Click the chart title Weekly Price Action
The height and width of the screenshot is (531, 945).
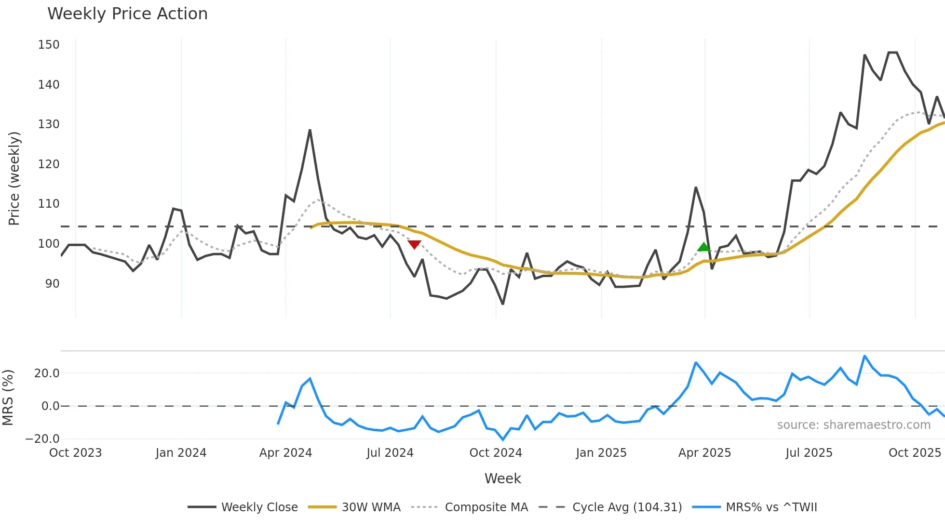[127, 14]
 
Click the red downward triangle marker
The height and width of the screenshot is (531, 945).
[414, 244]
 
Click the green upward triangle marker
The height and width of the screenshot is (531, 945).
[704, 247]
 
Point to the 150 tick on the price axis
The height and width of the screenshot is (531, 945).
[49, 45]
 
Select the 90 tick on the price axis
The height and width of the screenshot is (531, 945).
[52, 284]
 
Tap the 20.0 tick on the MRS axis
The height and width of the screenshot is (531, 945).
[47, 373]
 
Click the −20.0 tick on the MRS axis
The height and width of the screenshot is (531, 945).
[42, 439]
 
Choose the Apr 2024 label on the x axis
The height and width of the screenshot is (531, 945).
[285, 453]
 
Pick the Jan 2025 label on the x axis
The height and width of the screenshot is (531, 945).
[601, 453]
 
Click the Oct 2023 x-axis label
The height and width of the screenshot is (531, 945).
[75, 453]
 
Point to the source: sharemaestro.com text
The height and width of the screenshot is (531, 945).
[853, 425]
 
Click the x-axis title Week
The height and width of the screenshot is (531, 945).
[502, 478]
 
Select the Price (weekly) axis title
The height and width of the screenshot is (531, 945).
[14, 178]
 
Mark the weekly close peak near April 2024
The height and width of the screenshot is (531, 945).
[310, 130]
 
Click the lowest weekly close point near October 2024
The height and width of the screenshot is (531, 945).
[503, 304]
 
